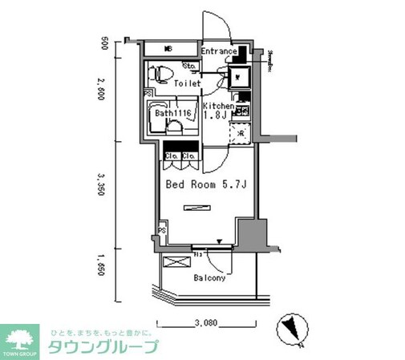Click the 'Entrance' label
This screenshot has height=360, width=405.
tap(218, 52)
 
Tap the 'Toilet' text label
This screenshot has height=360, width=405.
tap(187, 83)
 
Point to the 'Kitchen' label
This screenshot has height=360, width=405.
tap(218, 106)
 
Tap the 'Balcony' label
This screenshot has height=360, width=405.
tap(209, 278)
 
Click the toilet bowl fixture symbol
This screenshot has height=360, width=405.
tap(163, 74)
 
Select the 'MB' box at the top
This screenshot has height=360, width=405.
tap(168, 49)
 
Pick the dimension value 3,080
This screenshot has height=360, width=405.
tap(206, 325)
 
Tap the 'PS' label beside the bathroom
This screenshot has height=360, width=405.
tap(148, 93)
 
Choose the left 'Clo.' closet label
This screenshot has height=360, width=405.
tap(172, 155)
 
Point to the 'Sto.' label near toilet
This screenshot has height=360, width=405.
tap(191, 65)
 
